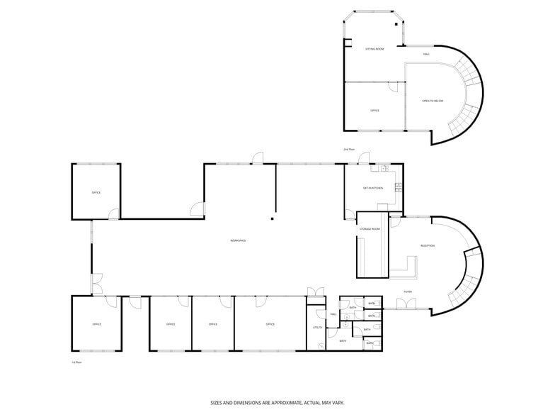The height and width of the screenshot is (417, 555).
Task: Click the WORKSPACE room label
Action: pos(238,241)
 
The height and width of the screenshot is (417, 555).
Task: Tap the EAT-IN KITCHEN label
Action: pos(373,188)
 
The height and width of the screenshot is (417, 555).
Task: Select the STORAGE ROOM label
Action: pos(370,229)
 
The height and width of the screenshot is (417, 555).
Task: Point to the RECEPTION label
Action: pos(428,245)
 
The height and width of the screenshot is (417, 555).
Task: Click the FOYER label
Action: pos(408,291)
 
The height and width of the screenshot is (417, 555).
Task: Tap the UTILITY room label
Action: pos(317,328)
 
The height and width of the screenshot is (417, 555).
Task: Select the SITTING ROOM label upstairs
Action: pos(374,49)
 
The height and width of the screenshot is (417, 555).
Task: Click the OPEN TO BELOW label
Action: pos(433,101)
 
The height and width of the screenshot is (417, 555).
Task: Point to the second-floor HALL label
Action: pos(426,54)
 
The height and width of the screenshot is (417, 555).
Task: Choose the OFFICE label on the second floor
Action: pos(375,111)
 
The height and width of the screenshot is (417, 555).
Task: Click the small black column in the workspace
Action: pos(271,219)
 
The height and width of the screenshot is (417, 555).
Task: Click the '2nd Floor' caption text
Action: pos(348,150)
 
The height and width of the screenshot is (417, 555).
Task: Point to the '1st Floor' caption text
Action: pos(76,362)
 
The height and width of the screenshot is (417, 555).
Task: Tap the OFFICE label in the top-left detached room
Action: pos(96,192)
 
